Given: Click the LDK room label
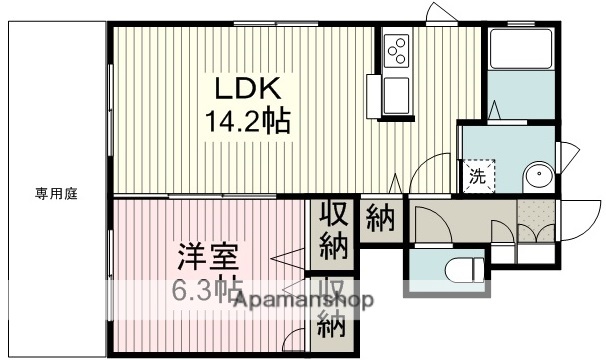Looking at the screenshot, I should click(236, 87).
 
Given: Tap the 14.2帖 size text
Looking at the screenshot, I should click(249, 122).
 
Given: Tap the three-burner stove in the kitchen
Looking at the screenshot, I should click(395, 50).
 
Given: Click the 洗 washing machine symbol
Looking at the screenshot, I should click(477, 178).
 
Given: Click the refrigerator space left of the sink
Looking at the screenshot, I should click(373, 96).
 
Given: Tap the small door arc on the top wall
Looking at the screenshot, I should click(438, 14).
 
